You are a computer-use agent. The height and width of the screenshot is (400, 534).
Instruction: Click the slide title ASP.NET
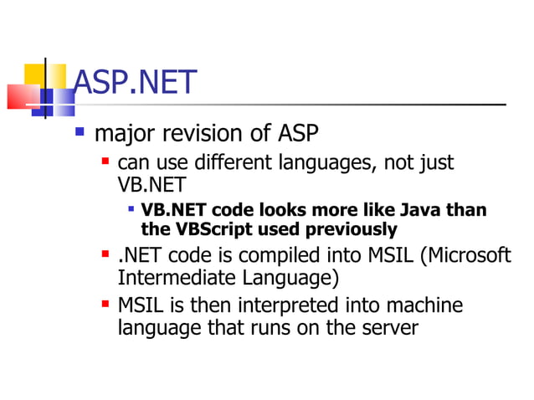135,82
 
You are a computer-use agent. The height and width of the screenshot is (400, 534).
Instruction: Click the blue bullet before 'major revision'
80,131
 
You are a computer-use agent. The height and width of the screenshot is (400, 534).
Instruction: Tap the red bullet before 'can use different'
105,159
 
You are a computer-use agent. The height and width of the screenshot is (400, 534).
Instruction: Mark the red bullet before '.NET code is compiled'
105,253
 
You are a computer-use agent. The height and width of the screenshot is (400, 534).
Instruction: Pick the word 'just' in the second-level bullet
435,162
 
